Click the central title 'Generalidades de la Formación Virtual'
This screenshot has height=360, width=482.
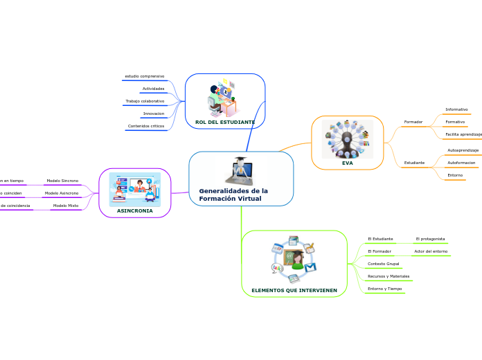click(233, 195)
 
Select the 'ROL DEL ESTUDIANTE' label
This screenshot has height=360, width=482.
click(225, 122)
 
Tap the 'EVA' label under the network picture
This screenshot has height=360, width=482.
click(347, 163)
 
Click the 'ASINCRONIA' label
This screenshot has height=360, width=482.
click(134, 210)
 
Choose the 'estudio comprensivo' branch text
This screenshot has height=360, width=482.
click(144, 75)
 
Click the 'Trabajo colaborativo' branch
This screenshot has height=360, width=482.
click(145, 101)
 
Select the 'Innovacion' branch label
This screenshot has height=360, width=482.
click(153, 114)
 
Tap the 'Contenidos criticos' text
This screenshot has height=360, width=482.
click(145, 126)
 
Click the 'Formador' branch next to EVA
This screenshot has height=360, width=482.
click(413, 122)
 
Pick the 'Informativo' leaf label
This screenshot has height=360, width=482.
click(456, 109)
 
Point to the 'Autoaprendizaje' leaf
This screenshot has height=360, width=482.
click(463, 150)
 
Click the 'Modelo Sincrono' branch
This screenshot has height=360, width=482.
click(62, 181)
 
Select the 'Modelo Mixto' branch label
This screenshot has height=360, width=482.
click(66, 206)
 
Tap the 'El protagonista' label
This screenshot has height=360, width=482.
click(430, 239)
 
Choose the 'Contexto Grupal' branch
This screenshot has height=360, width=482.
click(383, 264)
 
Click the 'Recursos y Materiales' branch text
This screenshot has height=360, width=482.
click(389, 276)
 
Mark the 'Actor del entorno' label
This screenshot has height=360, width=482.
click(431, 251)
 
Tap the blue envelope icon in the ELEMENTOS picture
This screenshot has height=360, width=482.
click(311, 267)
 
